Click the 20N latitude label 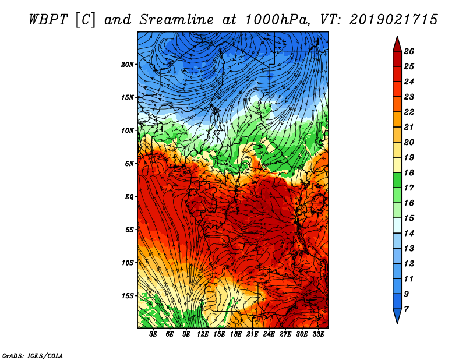[x=128, y=64]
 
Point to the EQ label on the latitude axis [x=129, y=196]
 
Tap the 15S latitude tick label [x=128, y=296]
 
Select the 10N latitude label [x=128, y=130]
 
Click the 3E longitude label [x=153, y=334]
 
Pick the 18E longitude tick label [x=235, y=334]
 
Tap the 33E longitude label [x=318, y=334]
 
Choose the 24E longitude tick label [x=269, y=334]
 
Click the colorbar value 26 [x=409, y=51]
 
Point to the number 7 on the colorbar [x=406, y=309]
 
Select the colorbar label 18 [x=409, y=172]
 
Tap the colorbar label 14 [x=409, y=234]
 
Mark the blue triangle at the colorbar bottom [x=397, y=315]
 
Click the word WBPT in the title [x=49, y=20]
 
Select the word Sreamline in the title [x=176, y=20]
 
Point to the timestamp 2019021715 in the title [x=394, y=20]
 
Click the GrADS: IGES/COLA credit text [x=33, y=355]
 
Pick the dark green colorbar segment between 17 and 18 [x=397, y=180]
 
